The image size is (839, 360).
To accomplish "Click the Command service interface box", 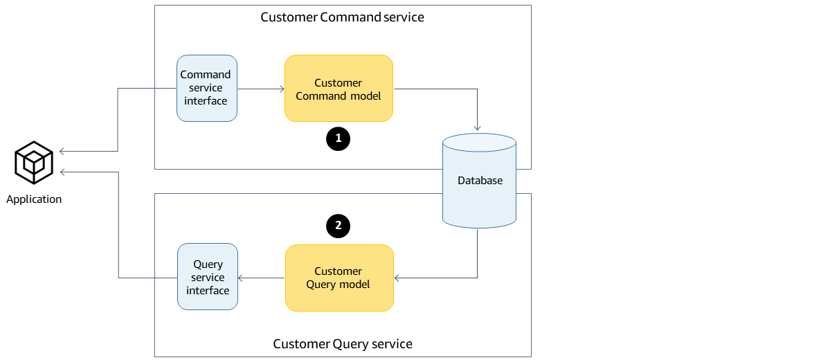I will pyautogui.click(x=206, y=88).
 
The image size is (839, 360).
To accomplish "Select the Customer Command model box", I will pyautogui.click(x=339, y=89).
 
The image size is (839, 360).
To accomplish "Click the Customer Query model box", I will pyautogui.click(x=339, y=278).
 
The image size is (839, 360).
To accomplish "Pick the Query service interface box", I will pyautogui.click(x=208, y=277).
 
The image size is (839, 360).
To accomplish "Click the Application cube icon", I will pyautogui.click(x=34, y=162).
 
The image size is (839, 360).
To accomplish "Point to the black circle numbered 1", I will pyautogui.click(x=339, y=138).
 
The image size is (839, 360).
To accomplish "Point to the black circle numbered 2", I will pyautogui.click(x=339, y=226).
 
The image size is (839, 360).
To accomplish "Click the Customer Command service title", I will pyautogui.click(x=342, y=17).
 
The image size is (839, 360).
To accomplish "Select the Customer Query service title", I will pyautogui.click(x=342, y=344).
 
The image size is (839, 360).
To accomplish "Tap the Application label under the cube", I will pyautogui.click(x=34, y=199).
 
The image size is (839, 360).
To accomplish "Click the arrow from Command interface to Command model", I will pyautogui.click(x=261, y=89).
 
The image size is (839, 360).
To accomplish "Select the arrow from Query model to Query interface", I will pyautogui.click(x=261, y=278).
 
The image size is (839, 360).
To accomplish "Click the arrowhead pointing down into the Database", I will pyautogui.click(x=478, y=127).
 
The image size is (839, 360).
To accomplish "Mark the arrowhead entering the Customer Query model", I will pyautogui.click(x=398, y=278).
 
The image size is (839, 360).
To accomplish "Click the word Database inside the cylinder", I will pyautogui.click(x=480, y=181).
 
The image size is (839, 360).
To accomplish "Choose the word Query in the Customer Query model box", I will pyautogui.click(x=321, y=285).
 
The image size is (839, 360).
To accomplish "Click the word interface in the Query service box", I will pyautogui.click(x=208, y=291).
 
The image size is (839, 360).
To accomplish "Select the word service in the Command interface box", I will pyautogui.click(x=206, y=88).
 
